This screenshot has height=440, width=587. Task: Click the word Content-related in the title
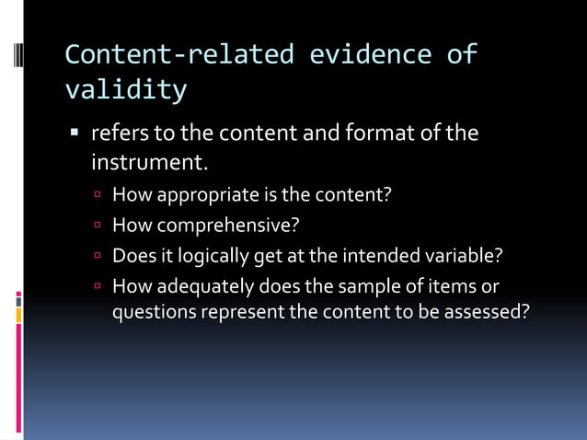tap(179, 54)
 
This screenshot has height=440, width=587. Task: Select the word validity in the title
tap(126, 89)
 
